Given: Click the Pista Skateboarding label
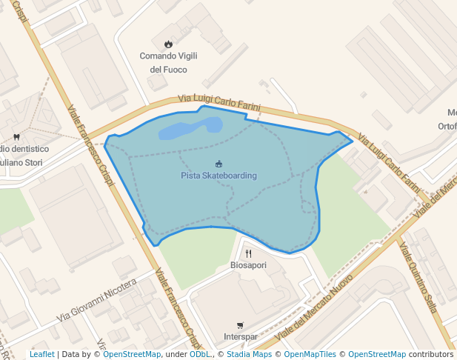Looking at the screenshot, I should click(x=219, y=176).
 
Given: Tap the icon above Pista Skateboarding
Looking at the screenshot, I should click(x=219, y=164).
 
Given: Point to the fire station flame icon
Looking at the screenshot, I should click(x=169, y=44).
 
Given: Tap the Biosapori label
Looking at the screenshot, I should click(x=248, y=264).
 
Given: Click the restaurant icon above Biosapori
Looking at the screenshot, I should click(x=248, y=253).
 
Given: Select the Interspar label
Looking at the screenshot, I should click(x=239, y=337).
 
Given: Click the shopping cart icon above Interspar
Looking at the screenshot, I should click(x=239, y=326).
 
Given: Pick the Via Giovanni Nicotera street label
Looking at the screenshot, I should click(x=96, y=301).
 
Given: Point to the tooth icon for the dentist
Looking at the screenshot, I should click(x=16, y=137).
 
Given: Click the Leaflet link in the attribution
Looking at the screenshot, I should click(x=41, y=354).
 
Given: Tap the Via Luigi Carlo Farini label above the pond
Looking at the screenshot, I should click(x=219, y=103).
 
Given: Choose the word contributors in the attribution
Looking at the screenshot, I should click(x=431, y=354).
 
